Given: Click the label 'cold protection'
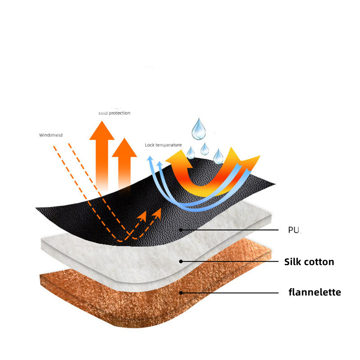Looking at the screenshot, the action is tap(114, 113).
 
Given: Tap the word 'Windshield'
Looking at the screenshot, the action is tap(51, 135).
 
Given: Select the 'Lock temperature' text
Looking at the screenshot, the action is tap(163, 145).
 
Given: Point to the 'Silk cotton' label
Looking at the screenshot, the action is tap(309, 262).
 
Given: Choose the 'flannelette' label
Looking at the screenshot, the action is tap(315, 292).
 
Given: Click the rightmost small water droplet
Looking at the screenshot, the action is tap(218, 156).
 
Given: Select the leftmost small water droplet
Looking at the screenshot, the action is tap(191, 153).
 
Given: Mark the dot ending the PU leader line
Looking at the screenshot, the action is tap(181, 230).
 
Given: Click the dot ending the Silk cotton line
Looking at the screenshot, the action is tap(181, 262).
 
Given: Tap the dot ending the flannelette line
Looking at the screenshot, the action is tap(181, 293).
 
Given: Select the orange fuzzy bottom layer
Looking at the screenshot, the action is tap(120, 296).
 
